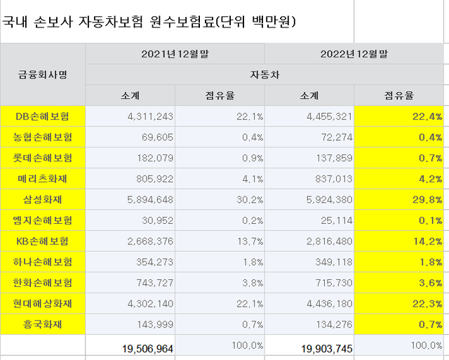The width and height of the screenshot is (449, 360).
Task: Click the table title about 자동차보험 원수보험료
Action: coord(149,22)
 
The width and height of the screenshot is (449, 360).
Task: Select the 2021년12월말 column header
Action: coord(175,53)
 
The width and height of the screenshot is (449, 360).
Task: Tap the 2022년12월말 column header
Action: coord(354,53)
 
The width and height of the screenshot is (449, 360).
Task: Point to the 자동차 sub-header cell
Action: coord(264,74)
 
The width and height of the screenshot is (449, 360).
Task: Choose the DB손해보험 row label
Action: coord(43,116)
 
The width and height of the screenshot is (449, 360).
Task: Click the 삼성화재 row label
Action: coord(43,200)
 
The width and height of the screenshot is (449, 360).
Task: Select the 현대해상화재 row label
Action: coord(43,305)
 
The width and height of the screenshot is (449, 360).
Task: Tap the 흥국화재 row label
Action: coord(43,325)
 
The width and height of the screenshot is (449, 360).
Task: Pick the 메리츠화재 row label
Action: coord(43,179)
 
